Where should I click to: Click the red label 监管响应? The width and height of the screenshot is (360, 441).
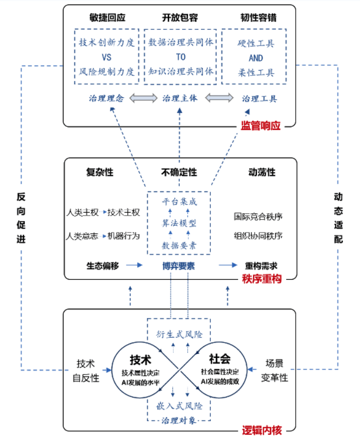click(x=261, y=126)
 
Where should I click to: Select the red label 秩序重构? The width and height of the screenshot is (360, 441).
click(x=262, y=279)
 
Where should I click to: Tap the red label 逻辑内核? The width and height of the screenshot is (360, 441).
click(x=262, y=430)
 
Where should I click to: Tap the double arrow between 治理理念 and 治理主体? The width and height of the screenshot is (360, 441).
click(x=143, y=98)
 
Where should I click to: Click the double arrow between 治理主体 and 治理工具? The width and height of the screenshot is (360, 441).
click(x=219, y=98)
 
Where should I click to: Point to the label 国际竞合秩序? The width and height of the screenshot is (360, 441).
click(x=258, y=216)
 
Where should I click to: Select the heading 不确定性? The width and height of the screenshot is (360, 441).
click(x=179, y=172)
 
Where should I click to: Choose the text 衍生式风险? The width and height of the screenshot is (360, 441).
click(x=179, y=334)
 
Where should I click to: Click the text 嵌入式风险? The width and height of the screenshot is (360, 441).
click(x=179, y=405)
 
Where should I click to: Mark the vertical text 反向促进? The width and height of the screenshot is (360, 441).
click(x=21, y=218)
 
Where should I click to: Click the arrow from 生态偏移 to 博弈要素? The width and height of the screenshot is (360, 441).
click(x=134, y=266)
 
